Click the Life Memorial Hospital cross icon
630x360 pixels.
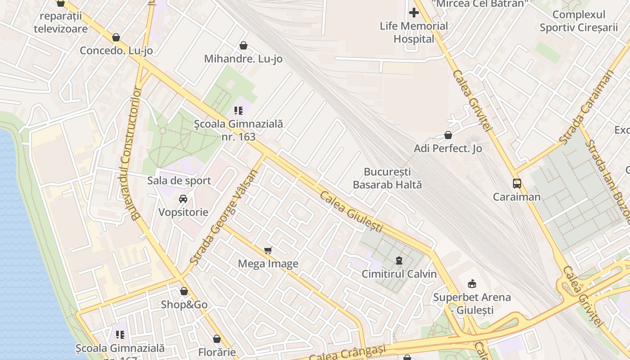pyautogui.click(x=414, y=13)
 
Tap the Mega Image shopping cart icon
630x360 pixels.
pyautogui.click(x=268, y=250)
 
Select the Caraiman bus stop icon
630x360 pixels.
pyautogui.click(x=517, y=184)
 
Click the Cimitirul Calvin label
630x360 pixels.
pyautogui.click(x=399, y=274)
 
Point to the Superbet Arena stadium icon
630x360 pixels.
pyautogui.click(x=472, y=283)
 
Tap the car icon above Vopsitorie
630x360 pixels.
pyautogui.click(x=183, y=198)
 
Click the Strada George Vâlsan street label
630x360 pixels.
pyautogui.click(x=222, y=217)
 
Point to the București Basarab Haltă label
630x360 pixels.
pyautogui.click(x=387, y=178)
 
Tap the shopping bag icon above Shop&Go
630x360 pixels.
pyautogui.click(x=184, y=291)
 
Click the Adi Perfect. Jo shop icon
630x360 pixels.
pyautogui.click(x=448, y=135)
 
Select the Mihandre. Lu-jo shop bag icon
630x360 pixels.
pyautogui.click(x=243, y=45)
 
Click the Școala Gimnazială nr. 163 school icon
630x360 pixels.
pyautogui.click(x=238, y=110)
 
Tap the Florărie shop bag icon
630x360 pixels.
pyautogui.click(x=217, y=338)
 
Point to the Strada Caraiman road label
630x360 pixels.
pyautogui.click(x=586, y=108)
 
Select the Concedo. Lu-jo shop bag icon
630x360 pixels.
pyautogui.click(x=116, y=37)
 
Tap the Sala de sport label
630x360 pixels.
pyautogui.click(x=179, y=180)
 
